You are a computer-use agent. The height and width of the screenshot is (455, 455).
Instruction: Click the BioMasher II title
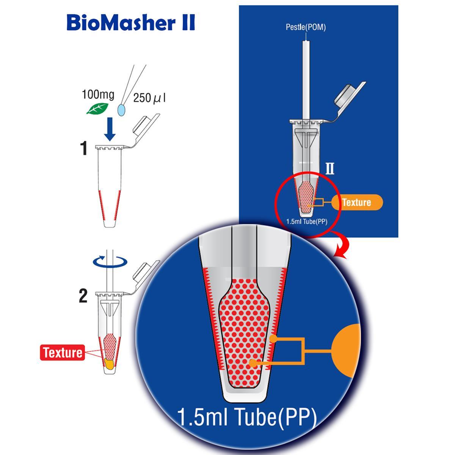click(131, 23)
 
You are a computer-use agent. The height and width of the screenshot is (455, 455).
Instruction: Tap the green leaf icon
click(97, 108)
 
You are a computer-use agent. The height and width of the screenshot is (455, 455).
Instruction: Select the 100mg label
click(98, 94)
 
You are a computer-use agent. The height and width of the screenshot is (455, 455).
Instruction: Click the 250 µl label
click(149, 97)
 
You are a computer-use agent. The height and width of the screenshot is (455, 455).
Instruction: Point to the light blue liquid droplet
click(122, 110)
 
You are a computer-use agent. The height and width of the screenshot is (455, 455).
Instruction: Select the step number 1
click(84, 148)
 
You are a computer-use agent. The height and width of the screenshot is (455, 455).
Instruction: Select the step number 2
click(83, 296)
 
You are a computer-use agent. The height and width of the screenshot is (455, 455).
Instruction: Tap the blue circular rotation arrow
click(110, 262)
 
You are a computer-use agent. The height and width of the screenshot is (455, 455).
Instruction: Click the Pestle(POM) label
click(306, 27)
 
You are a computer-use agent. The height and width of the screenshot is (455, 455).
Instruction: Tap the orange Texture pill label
click(357, 202)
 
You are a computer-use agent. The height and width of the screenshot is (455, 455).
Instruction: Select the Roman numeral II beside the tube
click(330, 169)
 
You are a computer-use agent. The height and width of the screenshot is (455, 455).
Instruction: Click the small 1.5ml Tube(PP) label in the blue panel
click(307, 222)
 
